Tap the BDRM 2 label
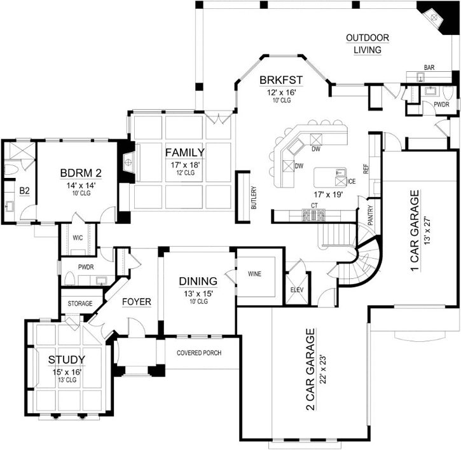coord(81,172)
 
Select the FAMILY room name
coord(184,153)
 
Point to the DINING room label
coord(198,281)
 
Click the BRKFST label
coord(280,80)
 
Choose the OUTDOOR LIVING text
coord(368,44)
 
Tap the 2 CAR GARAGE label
coord(311,362)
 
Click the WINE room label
coord(255,275)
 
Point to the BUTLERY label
coord(254,198)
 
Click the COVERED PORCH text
coord(199,353)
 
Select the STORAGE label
coord(79,304)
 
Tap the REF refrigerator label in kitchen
coord(366,169)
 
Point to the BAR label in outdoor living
coord(429,67)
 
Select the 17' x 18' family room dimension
coord(184,164)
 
